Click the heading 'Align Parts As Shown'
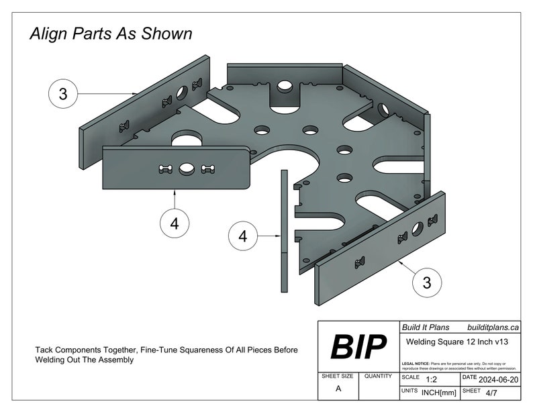[111, 34]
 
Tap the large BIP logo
[358, 347]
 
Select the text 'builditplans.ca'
[493, 327]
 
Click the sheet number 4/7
[491, 391]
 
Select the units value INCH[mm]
[439, 391]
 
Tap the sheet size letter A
[338, 389]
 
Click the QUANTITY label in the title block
[378, 377]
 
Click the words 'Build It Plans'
[424, 327]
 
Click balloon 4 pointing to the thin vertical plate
[243, 236]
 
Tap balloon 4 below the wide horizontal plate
[175, 224]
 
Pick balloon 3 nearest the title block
[426, 282]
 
